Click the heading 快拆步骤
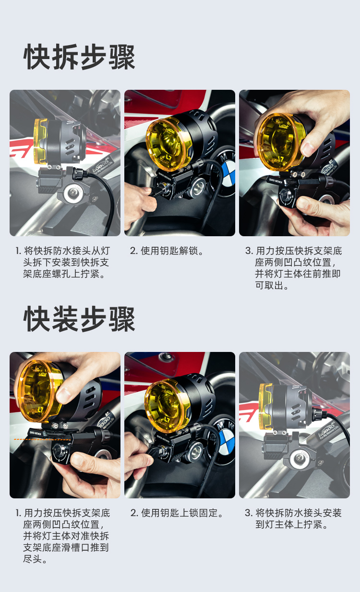(80, 57)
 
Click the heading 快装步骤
(80, 319)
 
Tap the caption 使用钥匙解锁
(167, 251)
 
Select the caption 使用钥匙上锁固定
(177, 513)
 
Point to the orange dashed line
(42, 439)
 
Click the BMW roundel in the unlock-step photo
(228, 172)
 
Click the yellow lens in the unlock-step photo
(168, 145)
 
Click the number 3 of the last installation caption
(248, 513)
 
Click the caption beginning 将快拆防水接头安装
(293, 519)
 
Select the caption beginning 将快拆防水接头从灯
(62, 263)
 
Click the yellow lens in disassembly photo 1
(41, 141)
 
